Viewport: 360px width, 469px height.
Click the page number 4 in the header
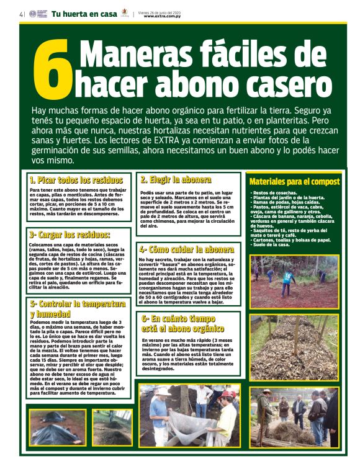point(21,14)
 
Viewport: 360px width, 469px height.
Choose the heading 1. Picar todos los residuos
point(79,180)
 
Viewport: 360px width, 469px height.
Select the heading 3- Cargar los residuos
point(70,235)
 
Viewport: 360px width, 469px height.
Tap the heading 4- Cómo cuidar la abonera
point(186,249)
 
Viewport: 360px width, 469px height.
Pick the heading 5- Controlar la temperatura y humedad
point(77,309)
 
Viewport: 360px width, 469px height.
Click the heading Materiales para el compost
point(294,182)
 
